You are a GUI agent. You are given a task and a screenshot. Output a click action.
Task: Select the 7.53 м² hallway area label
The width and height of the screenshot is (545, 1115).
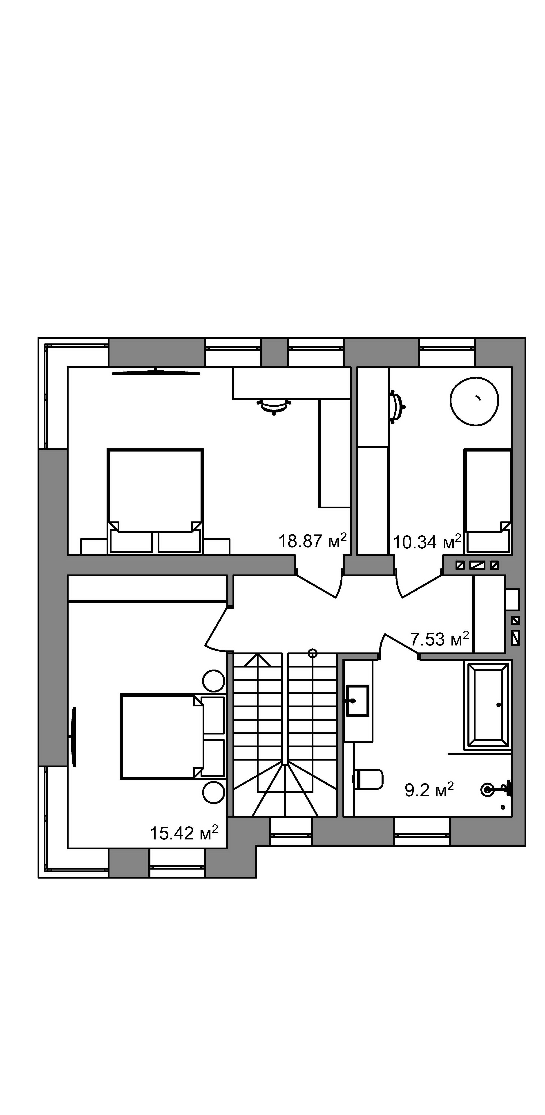[x=439, y=639]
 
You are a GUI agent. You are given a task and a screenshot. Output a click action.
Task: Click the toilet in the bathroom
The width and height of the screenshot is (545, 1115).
[x=368, y=779]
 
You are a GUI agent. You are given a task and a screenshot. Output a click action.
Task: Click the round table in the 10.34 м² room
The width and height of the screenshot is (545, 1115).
[x=474, y=401]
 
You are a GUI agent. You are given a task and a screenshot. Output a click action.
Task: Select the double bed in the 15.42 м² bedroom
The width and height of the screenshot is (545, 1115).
[x=172, y=737]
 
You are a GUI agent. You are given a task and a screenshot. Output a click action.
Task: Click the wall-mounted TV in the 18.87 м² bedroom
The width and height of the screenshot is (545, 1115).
[x=156, y=372]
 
